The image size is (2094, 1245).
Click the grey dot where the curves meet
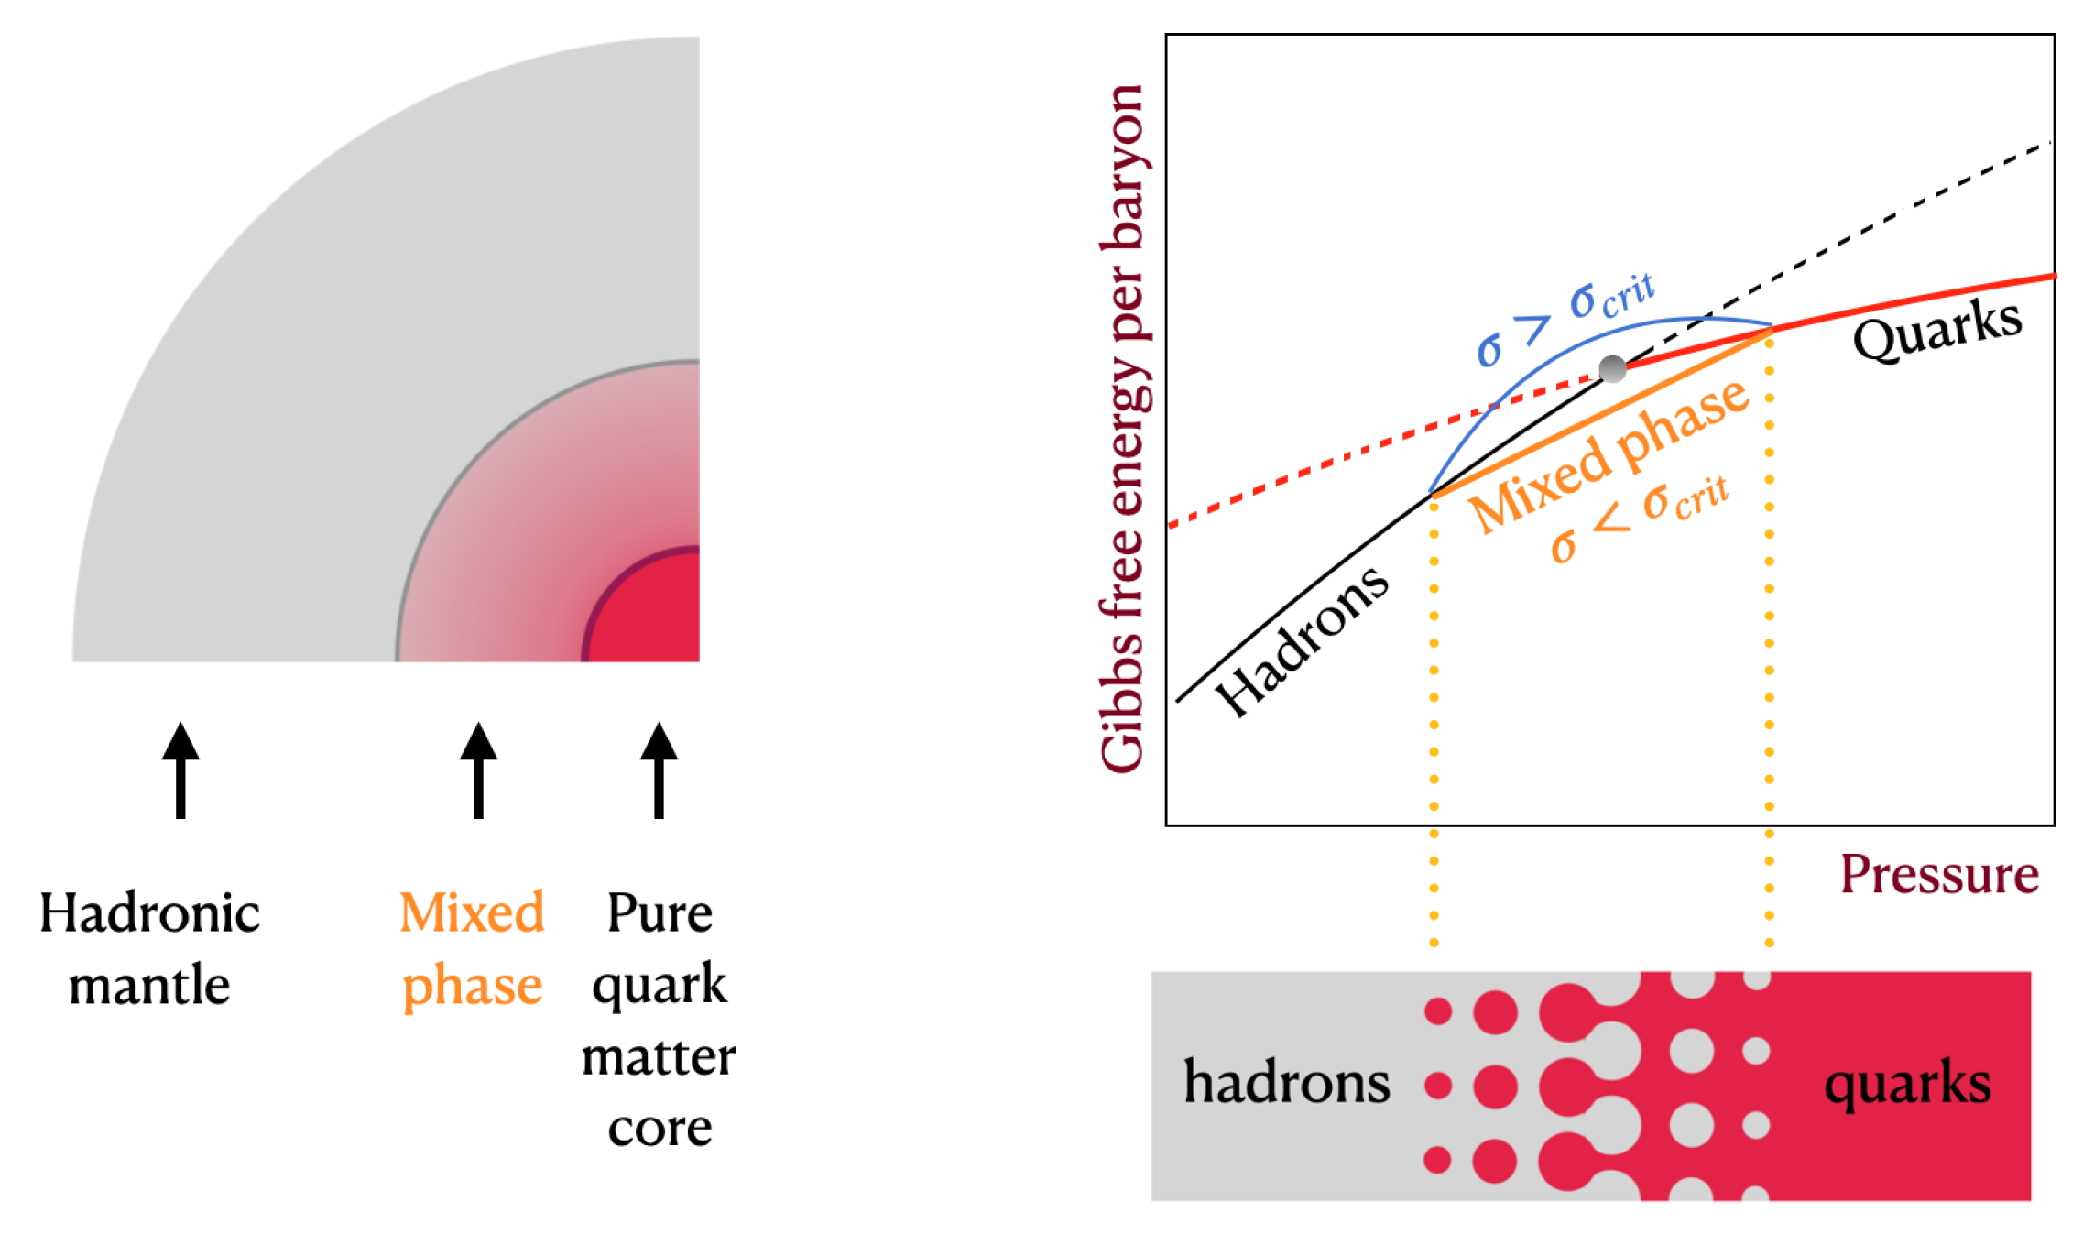point(1612,369)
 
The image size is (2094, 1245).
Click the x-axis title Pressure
point(1939,875)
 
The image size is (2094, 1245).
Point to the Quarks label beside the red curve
point(1936,330)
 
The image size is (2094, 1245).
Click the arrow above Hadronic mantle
point(180,770)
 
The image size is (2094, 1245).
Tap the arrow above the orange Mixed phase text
point(478,770)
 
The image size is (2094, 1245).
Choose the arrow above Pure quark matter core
point(659,770)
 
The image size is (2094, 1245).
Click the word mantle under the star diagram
point(149,986)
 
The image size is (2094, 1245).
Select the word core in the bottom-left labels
point(660,1128)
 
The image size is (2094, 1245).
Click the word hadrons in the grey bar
point(1286,1083)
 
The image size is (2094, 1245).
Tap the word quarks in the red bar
point(1907,1083)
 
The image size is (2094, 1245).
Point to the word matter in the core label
point(659,1056)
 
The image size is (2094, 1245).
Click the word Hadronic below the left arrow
point(149,913)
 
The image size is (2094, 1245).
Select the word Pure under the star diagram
point(660,913)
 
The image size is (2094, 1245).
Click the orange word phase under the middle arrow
point(473,986)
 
